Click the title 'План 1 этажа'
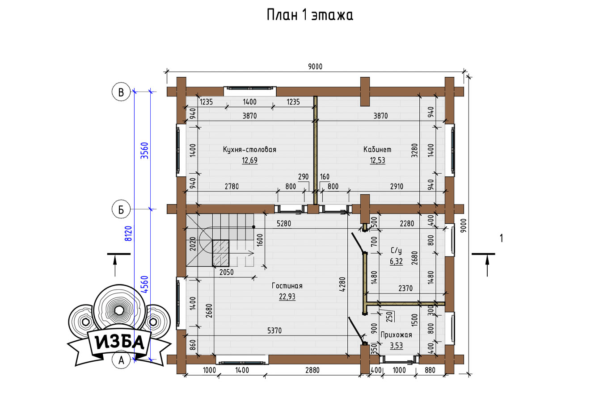pyautogui.click(x=310, y=15)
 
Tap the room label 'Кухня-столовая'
pyautogui.click(x=249, y=150)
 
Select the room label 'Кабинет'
pyautogui.click(x=377, y=150)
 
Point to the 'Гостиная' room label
pyautogui.click(x=287, y=286)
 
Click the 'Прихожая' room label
pyautogui.click(x=396, y=335)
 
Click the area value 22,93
pyautogui.click(x=287, y=297)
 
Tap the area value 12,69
pyautogui.click(x=250, y=161)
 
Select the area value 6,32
pyautogui.click(x=396, y=261)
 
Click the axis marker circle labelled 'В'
pyautogui.click(x=121, y=92)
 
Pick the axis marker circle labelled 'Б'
pyautogui.click(x=121, y=209)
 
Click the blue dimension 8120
pyautogui.click(x=128, y=234)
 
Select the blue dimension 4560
pyautogui.click(x=145, y=284)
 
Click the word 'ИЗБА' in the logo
pyautogui.click(x=120, y=343)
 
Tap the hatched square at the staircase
pyautogui.click(x=220, y=253)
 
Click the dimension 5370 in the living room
pyautogui.click(x=274, y=330)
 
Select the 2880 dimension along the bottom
pyautogui.click(x=312, y=370)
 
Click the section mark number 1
pyautogui.click(x=501, y=238)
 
